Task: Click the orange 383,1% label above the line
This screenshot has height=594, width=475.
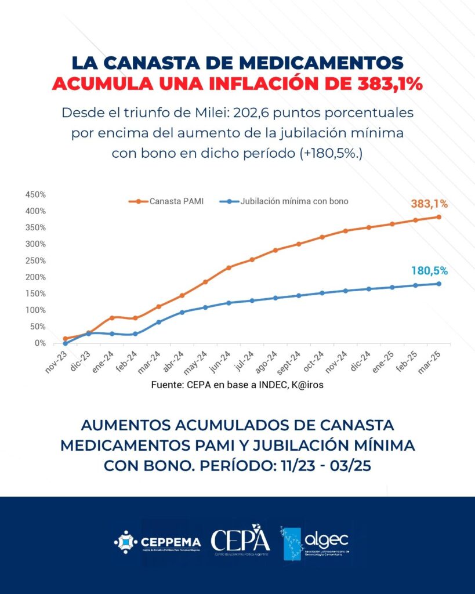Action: click(429, 204)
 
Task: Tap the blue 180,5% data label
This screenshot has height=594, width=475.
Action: click(429, 270)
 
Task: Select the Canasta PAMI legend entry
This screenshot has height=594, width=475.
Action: click(169, 201)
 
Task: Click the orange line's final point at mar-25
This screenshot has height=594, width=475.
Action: click(439, 217)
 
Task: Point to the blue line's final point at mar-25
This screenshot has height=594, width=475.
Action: click(439, 284)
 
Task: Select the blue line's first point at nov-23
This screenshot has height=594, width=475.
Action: click(65, 343)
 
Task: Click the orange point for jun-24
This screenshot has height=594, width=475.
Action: click(229, 267)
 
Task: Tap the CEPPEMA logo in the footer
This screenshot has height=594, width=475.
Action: click(158, 542)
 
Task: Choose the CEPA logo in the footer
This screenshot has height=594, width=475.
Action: click(240, 542)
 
